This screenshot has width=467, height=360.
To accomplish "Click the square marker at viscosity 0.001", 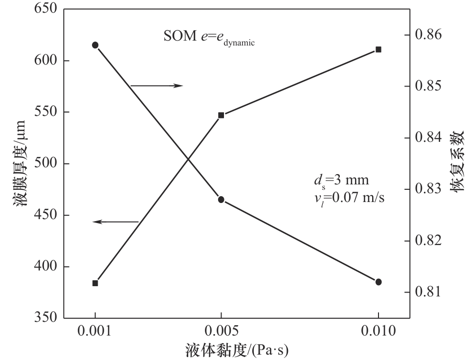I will coord(95,283).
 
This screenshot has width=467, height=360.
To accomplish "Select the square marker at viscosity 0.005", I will coord(221,115).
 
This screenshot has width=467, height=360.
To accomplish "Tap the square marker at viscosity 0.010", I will coord(378,49).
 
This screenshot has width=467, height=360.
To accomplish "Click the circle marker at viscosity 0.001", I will coord(95,45).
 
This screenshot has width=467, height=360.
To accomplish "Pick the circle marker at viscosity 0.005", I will coord(221,200).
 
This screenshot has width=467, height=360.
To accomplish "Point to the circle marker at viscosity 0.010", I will coord(378,282).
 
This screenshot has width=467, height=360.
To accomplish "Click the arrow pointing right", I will coord(156,86).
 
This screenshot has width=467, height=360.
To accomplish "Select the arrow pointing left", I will coord(116,222).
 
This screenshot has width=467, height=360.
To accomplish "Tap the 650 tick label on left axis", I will coord(45,9).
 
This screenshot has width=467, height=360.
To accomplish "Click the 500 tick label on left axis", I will coord(45,163).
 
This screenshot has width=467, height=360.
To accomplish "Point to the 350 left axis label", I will coord(45,318).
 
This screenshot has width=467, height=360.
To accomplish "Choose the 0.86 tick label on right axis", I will coord(428,35).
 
